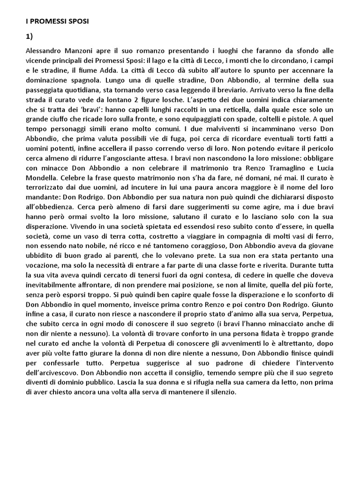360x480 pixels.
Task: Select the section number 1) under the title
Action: tap(29, 36)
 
